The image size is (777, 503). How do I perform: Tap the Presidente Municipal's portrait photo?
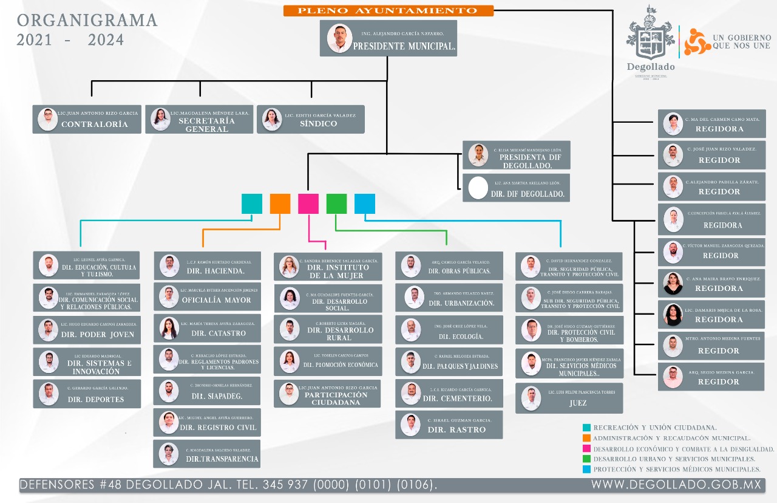339,38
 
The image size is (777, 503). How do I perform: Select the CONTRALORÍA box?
87,119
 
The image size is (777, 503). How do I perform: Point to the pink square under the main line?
308,204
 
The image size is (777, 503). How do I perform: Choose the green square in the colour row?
336,204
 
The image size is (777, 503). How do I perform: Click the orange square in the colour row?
280,204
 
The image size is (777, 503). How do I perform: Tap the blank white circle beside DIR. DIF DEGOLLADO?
478,188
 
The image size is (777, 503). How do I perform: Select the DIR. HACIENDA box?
207,266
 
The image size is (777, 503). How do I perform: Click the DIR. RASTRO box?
449,425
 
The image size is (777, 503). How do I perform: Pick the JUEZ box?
568,399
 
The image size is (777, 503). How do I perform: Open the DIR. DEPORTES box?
87,394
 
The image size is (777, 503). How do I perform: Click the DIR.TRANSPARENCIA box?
207,454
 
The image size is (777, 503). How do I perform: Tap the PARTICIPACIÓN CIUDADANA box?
327,394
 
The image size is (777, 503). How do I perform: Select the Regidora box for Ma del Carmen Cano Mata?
711,124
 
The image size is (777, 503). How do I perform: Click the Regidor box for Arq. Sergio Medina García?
711,377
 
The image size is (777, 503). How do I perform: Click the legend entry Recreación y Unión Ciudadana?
654,428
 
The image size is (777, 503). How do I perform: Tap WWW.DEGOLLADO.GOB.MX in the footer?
676,485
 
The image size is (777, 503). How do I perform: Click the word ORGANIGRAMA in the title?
87,21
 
